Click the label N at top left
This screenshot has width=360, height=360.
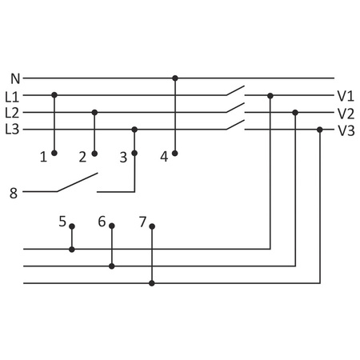coord(15,78)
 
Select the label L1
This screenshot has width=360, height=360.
coord(12,95)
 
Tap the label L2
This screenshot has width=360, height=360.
coord(12,112)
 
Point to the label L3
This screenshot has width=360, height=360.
coord(12,129)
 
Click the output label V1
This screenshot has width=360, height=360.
coord(346,95)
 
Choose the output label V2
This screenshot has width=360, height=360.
coord(346,113)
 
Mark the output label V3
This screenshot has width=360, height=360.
coord(346,130)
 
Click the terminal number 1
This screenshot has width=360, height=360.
coord(43,157)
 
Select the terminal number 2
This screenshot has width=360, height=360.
coord(82,157)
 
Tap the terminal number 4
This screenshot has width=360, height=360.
coord(164,157)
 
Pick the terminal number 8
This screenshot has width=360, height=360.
coord(13,192)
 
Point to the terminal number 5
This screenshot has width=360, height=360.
coord(62,220)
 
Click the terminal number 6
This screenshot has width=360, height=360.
coord(102,221)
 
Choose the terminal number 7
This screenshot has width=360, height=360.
coord(142,221)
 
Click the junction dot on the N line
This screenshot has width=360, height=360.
coord(175,78)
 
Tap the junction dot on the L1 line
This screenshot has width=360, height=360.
coord(54,95)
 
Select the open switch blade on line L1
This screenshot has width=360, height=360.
coord(234,90)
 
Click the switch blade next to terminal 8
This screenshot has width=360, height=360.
coord(77,183)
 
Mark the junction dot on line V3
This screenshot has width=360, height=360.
coord(320,129)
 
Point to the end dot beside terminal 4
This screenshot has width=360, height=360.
coord(175,152)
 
